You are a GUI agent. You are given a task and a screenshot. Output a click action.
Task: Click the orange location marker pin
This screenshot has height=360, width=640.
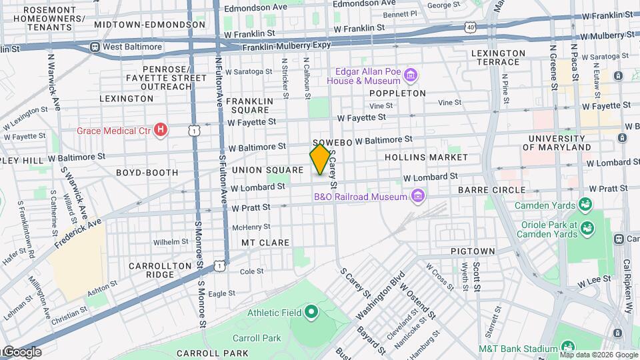click(320, 159)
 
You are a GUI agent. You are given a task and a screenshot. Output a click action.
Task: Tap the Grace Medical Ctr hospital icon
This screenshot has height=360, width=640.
click(160, 130)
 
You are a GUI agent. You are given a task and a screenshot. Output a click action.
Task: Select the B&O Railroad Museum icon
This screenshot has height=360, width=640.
click(418, 196)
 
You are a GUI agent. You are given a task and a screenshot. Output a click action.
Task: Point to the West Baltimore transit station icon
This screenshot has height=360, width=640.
click(95, 47)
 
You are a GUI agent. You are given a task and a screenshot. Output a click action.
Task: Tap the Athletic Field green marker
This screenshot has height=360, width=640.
click(311, 312)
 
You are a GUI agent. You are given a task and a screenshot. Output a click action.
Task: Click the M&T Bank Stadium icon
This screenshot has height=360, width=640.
click(567, 348)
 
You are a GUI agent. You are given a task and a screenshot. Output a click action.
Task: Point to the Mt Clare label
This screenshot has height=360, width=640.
click(265, 243)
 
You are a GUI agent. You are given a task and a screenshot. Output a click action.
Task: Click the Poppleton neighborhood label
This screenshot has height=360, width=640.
click(397, 93)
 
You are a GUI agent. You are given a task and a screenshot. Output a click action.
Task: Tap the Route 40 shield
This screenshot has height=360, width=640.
click(471, 27)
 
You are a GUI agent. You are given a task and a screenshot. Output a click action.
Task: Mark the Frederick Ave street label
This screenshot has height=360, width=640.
click(78, 233)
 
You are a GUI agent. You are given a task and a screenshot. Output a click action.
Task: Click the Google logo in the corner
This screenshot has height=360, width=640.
click(21, 352)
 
